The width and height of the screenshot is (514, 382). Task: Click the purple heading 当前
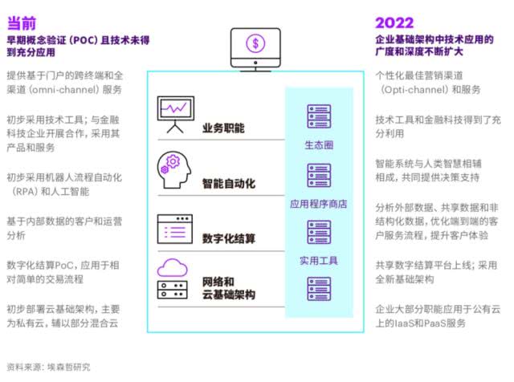25,18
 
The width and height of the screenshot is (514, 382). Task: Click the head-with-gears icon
173,168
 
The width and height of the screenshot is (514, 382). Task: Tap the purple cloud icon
172,267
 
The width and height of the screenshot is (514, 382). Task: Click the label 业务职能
223,128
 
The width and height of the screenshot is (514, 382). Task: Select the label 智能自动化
228,184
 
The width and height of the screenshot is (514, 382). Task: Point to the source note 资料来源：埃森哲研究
48,367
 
